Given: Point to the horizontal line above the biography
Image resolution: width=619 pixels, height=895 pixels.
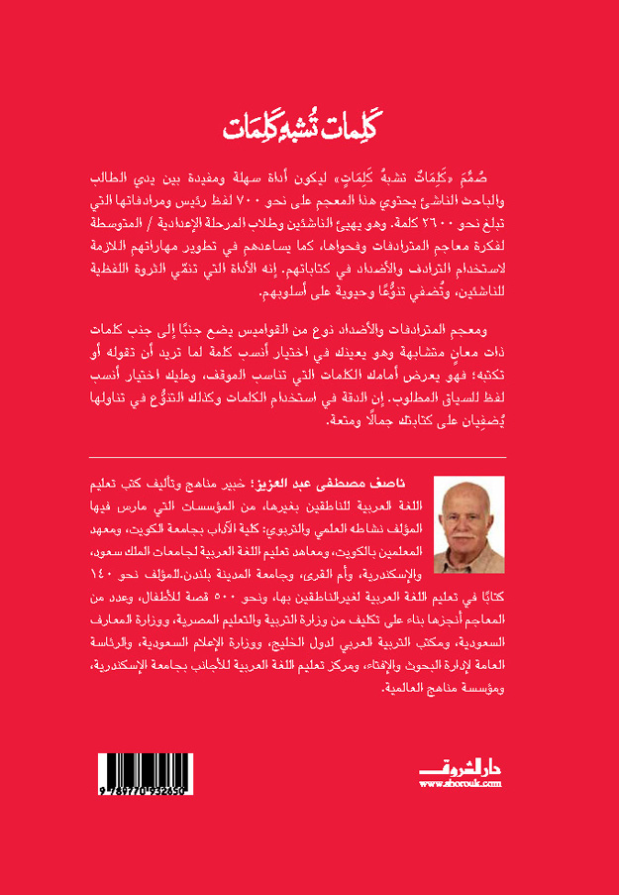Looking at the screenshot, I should point(309,458).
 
